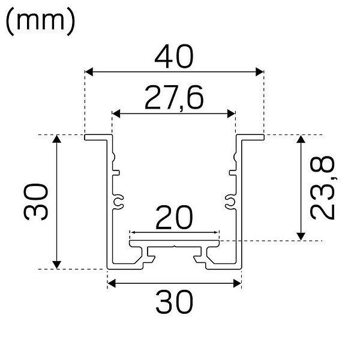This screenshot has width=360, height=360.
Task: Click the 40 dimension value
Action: pyautogui.click(x=174, y=56)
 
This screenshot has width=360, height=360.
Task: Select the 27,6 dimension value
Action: pyautogui.click(x=174, y=98)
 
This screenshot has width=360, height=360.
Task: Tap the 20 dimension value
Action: pyautogui.click(x=174, y=218)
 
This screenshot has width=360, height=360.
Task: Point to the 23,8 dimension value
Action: pyautogui.click(x=323, y=188)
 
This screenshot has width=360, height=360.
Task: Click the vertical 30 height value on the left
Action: pyautogui.click(x=36, y=202)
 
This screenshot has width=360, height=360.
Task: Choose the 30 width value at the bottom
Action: pyautogui.click(x=175, y=302)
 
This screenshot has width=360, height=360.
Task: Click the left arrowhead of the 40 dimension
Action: pyautogui.click(x=89, y=72)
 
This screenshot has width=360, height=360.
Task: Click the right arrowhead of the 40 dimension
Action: pyautogui.click(x=260, y=72)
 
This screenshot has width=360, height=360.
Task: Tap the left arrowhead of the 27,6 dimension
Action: pyautogui.click(x=116, y=113)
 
